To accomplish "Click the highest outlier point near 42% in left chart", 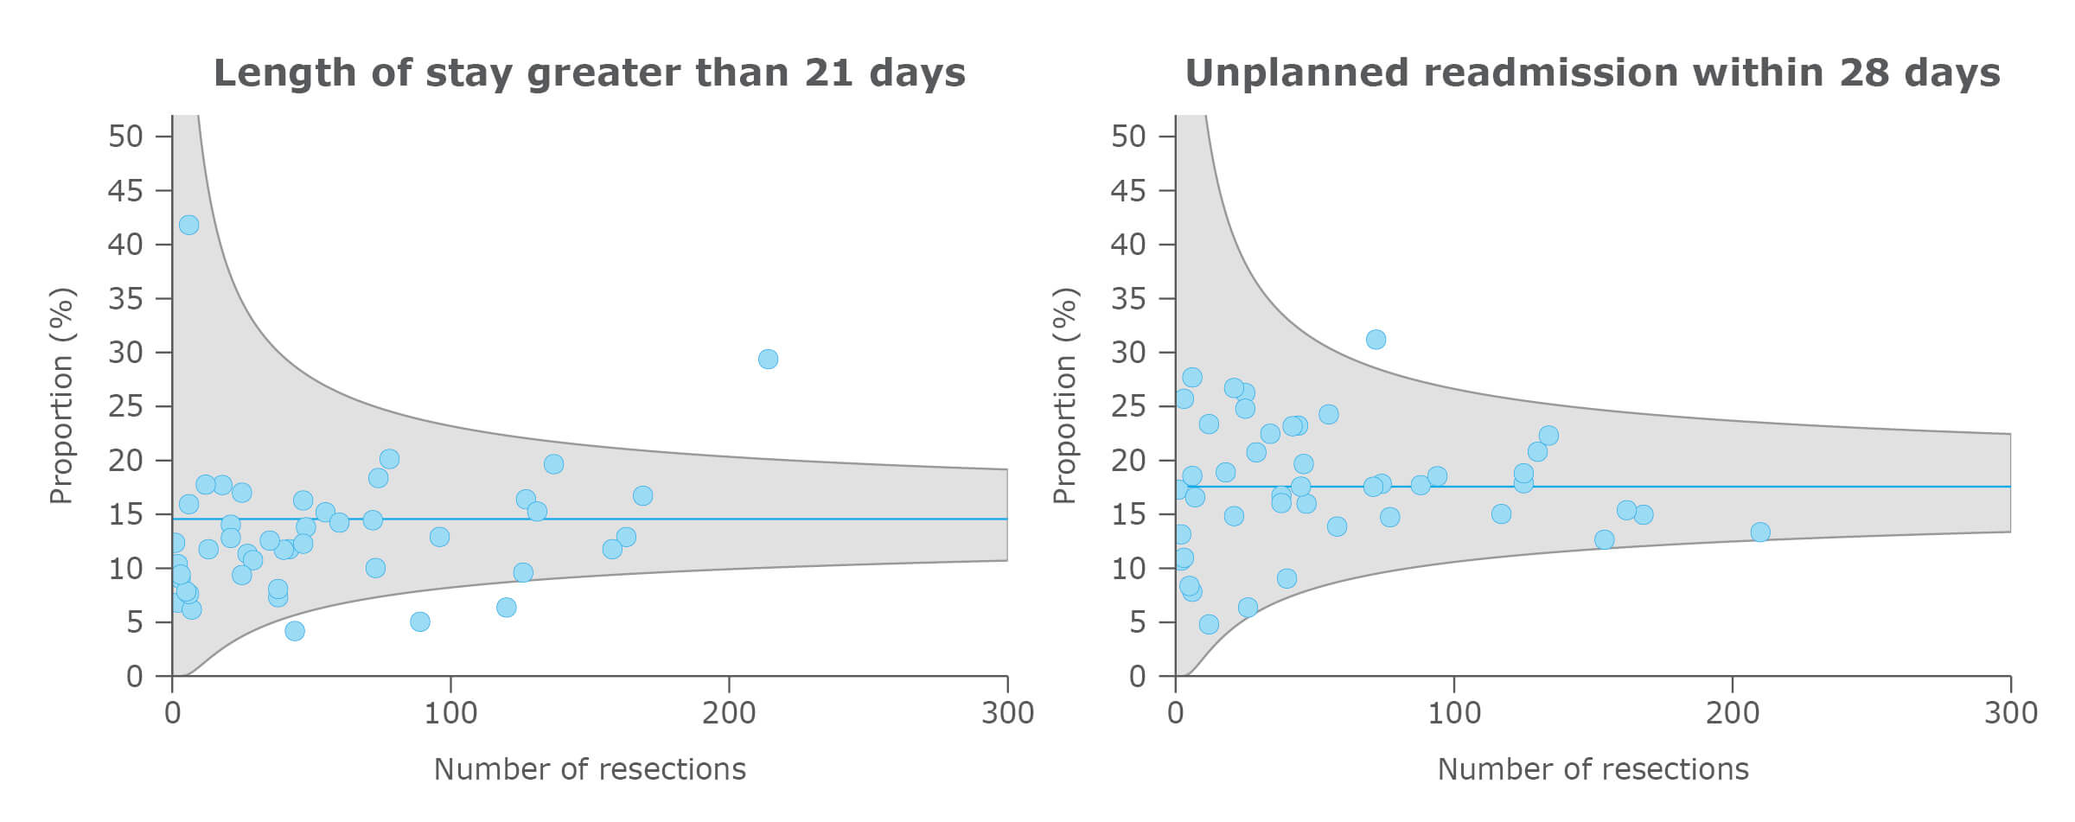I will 188,225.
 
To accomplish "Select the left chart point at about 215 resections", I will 768,359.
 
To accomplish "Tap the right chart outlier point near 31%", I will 1376,340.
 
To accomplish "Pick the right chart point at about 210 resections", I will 1760,532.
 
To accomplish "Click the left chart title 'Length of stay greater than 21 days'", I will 589,73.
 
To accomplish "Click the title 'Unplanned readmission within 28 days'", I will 1592,73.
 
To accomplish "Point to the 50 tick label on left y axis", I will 125,137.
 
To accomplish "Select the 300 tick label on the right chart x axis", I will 2011,713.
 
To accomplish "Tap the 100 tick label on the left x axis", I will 450,713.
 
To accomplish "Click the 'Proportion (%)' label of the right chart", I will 1063,396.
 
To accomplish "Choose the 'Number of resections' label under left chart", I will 589,769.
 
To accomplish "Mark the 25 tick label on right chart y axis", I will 1128,406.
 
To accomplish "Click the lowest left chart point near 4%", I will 295,631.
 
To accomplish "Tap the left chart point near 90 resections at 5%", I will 419,621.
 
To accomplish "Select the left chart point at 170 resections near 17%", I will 642,496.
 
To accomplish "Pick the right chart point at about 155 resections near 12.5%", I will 1604,540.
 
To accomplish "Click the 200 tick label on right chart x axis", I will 1733,713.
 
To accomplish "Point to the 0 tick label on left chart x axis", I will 172,713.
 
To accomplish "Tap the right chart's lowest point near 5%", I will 1209,624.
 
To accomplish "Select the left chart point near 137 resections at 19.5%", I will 553,464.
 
